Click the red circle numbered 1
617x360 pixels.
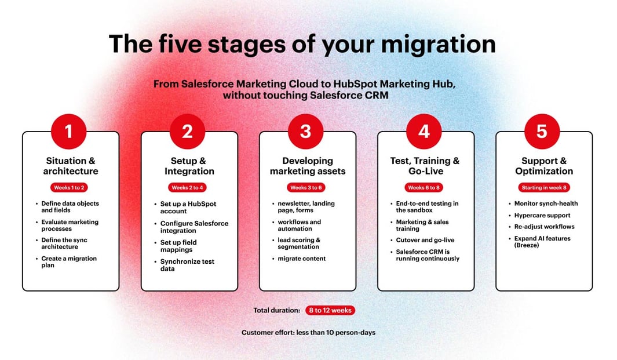click(69, 132)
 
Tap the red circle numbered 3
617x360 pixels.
click(306, 132)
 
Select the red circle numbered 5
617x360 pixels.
click(542, 132)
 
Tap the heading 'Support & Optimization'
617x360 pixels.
click(544, 166)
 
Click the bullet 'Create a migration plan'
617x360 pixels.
click(69, 261)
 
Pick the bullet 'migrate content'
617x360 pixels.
click(302, 259)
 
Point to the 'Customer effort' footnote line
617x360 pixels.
click(308, 333)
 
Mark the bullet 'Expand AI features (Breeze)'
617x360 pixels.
click(542, 242)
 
